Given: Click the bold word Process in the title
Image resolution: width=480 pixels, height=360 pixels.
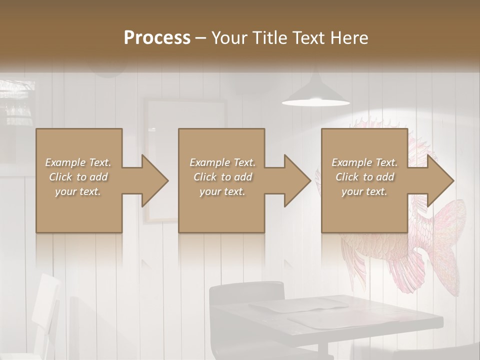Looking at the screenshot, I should [x=157, y=37].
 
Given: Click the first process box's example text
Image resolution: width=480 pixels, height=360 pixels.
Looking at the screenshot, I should [x=78, y=177].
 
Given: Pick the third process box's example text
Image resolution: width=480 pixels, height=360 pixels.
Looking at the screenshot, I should [x=364, y=177].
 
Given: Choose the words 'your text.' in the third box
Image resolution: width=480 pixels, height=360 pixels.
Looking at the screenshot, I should [x=364, y=191].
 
